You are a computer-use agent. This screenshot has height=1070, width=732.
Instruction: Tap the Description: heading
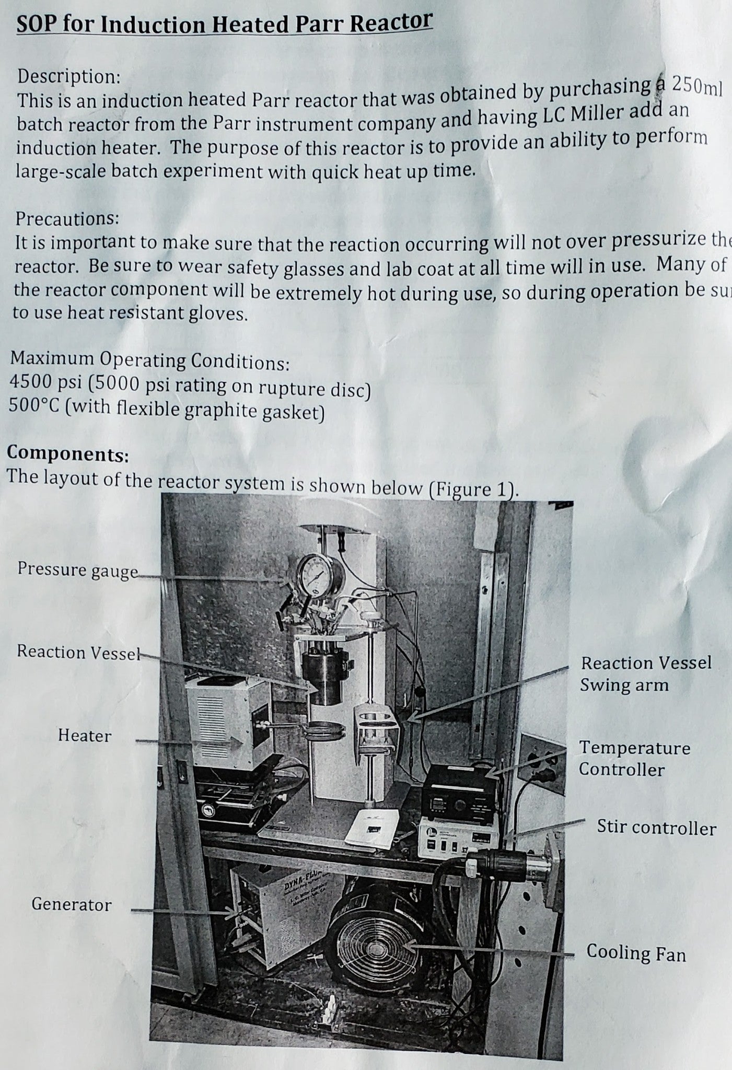[69, 77]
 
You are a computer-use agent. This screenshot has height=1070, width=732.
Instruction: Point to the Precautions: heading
[67, 218]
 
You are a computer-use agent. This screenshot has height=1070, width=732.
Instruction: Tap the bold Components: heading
[67, 453]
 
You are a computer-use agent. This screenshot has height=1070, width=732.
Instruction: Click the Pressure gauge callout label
[77, 569]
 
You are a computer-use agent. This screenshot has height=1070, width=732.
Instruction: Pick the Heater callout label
[85, 736]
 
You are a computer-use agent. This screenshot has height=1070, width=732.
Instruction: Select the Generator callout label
[72, 904]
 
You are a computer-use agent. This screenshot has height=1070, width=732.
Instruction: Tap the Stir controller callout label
[656, 828]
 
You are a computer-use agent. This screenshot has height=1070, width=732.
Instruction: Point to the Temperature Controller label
[634, 758]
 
